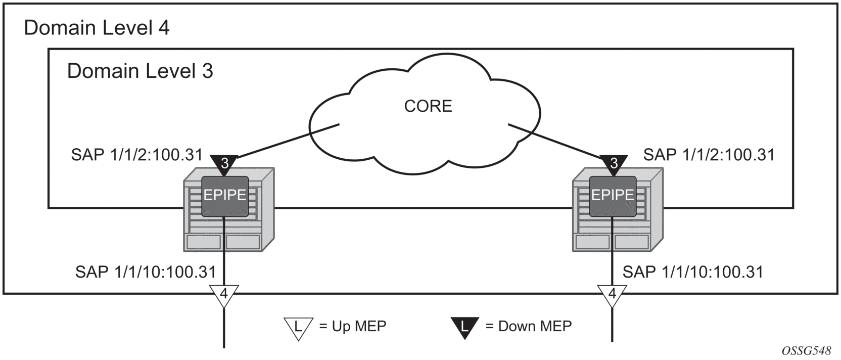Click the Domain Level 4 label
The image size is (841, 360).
point(97,28)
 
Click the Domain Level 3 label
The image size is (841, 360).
point(140,71)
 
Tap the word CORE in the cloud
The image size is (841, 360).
point(428,106)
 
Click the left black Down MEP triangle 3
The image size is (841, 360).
point(224,163)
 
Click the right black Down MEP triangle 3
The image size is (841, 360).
point(614,163)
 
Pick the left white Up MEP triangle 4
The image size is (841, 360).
point(223,295)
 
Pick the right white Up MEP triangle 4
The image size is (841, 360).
point(612,295)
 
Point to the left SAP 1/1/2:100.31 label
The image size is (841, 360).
point(136,155)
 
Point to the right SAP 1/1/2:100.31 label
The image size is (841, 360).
point(709,155)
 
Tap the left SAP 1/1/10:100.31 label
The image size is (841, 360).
point(146,272)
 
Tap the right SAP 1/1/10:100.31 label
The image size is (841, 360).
point(692,272)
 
